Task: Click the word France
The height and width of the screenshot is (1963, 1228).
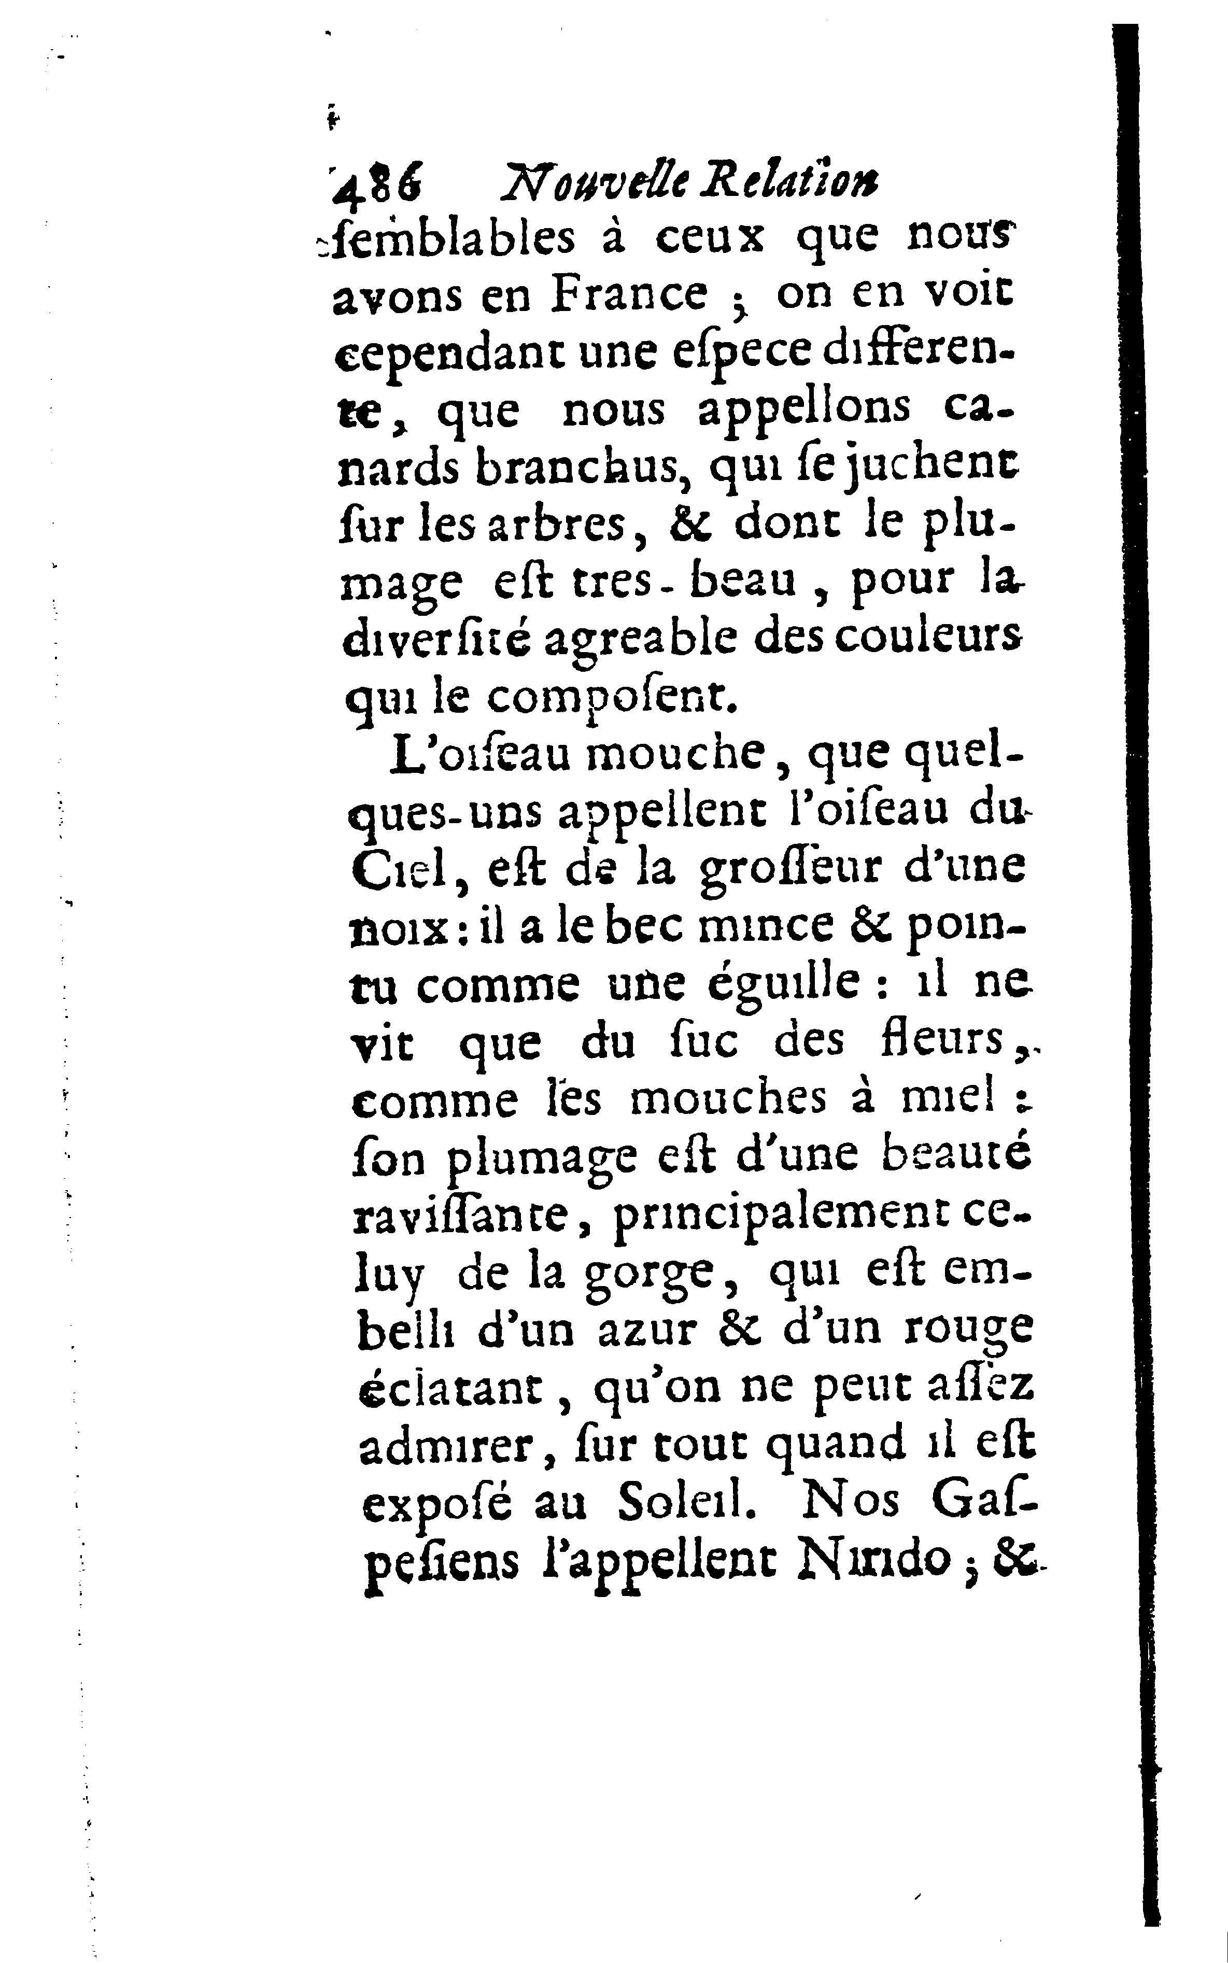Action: (x=629, y=295)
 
